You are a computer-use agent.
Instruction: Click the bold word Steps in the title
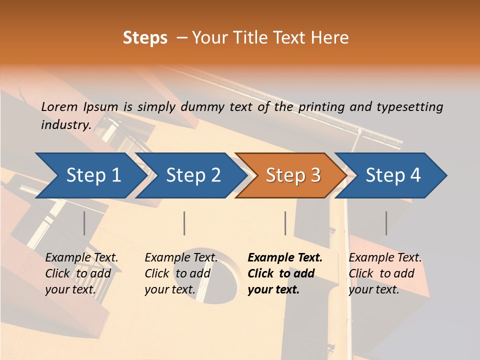tap(145, 38)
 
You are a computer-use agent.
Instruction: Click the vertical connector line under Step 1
tap(84, 223)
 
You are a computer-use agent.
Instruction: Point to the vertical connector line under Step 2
tap(184, 223)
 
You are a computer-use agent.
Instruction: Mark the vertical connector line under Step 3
tap(285, 223)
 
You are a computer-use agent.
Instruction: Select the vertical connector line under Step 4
tap(386, 223)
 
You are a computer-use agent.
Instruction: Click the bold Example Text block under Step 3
tap(285, 273)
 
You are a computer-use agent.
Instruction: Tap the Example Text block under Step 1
tap(81, 273)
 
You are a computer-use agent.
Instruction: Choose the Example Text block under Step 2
tap(181, 273)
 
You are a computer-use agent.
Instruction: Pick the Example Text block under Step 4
tap(385, 273)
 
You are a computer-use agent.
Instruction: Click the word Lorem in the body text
tap(59, 106)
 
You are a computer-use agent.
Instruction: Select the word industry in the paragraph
tap(65, 124)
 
